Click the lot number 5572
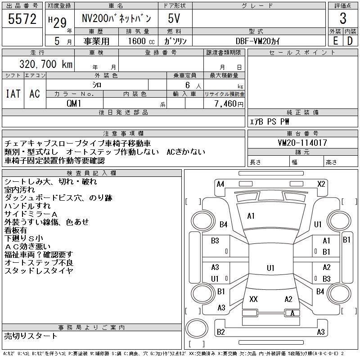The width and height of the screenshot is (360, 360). (x=22, y=19)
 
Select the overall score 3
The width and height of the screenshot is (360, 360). (x=343, y=19)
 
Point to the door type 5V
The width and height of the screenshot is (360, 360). (x=174, y=19)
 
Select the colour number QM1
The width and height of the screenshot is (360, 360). (x=74, y=103)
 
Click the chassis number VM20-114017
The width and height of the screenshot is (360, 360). (x=302, y=143)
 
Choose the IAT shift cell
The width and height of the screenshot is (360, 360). (x=13, y=94)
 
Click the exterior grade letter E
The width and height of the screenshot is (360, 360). (x=335, y=40)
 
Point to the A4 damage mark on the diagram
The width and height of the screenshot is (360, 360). (x=220, y=184)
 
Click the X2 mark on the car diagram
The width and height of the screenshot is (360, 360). (x=321, y=184)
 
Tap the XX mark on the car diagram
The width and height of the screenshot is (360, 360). (x=253, y=299)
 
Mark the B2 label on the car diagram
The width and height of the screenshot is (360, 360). (x=220, y=332)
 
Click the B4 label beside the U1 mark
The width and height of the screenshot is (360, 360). (x=224, y=225)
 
